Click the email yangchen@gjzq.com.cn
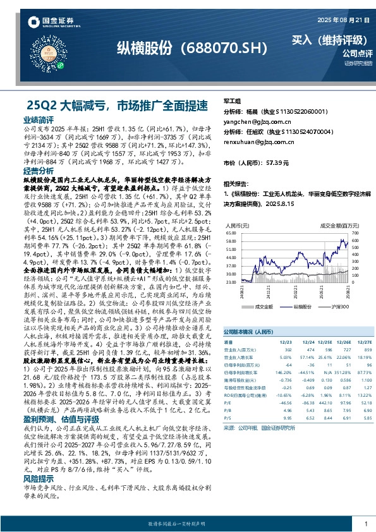pos(257,121)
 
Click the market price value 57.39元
pos(277,163)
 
